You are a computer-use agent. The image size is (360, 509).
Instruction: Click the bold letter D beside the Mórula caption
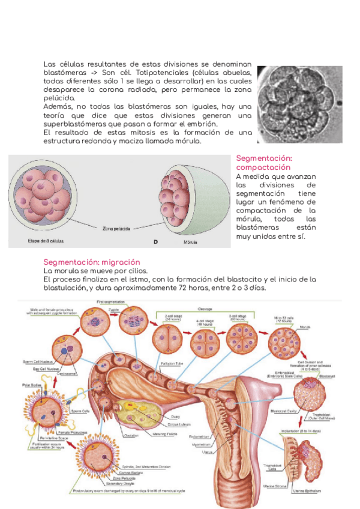click(x=155, y=242)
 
